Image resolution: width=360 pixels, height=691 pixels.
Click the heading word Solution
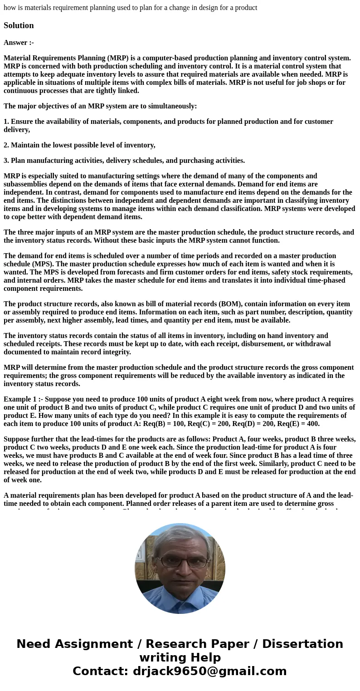tap(19, 25)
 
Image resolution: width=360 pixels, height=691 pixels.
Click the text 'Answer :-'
tap(19, 43)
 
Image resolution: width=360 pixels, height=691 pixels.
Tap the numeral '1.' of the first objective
tap(6, 122)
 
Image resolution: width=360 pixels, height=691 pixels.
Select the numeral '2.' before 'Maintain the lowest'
tap(6, 145)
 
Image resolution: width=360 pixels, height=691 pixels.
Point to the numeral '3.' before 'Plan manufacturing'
tap(6, 161)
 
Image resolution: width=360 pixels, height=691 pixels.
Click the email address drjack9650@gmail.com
tap(209, 671)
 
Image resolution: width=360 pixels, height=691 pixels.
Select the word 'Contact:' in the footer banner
tap(101, 671)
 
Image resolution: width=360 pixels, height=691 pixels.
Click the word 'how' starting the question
tap(10, 8)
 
